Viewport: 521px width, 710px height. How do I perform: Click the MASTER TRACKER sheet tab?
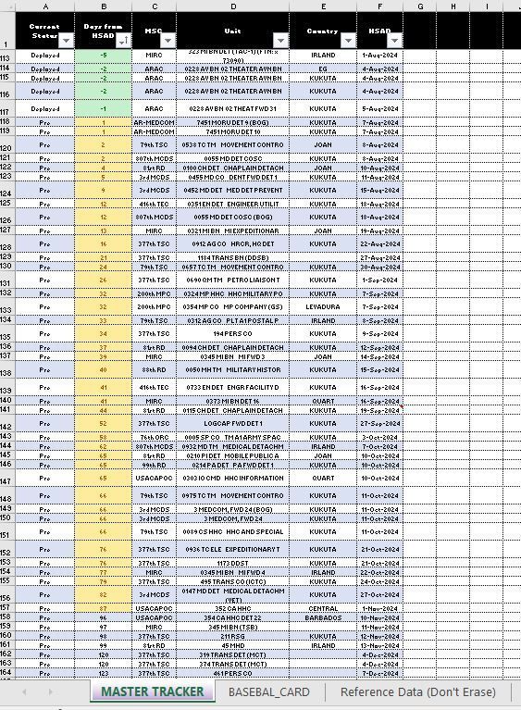point(152,691)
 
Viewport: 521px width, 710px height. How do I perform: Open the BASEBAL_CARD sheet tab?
point(268,691)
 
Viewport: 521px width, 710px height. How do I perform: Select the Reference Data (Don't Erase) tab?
point(417,691)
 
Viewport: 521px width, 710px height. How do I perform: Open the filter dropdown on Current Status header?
point(66,41)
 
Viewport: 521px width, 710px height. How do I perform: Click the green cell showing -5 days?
point(103,55)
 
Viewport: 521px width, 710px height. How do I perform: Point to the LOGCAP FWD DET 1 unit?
point(232,422)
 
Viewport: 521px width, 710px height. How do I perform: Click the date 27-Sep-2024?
point(379,422)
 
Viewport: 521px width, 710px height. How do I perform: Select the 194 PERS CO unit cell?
point(232,333)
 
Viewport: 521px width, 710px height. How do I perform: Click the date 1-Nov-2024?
point(379,608)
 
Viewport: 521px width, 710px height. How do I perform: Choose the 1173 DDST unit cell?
point(232,563)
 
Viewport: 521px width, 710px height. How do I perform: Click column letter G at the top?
point(419,6)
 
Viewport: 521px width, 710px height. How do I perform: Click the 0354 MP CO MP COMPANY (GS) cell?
point(232,305)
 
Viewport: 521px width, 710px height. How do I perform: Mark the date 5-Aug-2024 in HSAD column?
point(379,108)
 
